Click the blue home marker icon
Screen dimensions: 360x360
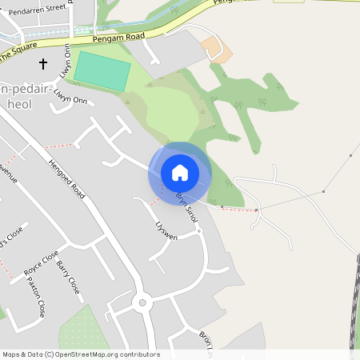click(x=180, y=173)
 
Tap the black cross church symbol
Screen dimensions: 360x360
click(x=43, y=62)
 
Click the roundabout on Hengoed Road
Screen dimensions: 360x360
click(x=142, y=302)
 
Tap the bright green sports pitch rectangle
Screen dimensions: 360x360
click(x=103, y=72)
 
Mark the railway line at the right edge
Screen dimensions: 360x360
click(x=354, y=304)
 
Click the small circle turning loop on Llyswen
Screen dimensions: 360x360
click(x=198, y=231)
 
